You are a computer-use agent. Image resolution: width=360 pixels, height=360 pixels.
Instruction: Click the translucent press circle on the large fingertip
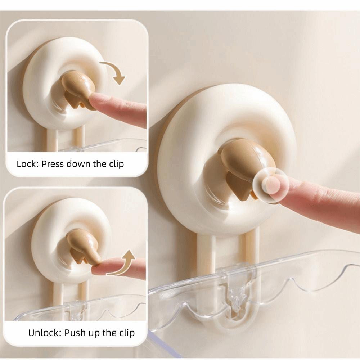270,185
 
